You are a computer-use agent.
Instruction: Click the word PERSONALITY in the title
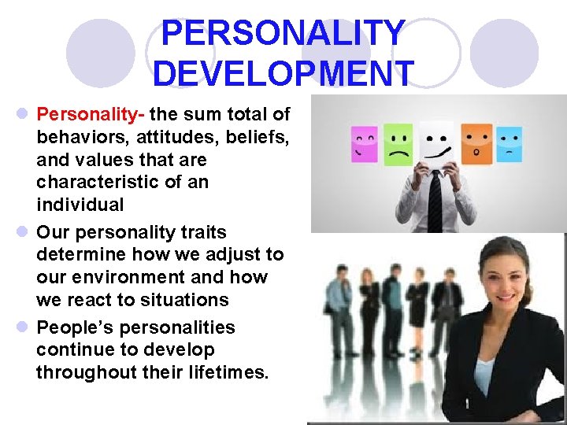click(x=283, y=33)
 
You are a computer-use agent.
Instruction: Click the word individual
click(x=80, y=205)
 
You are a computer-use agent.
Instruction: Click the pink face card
click(x=364, y=144)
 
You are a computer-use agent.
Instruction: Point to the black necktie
click(x=435, y=201)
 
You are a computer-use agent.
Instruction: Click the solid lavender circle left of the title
click(x=101, y=53)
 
